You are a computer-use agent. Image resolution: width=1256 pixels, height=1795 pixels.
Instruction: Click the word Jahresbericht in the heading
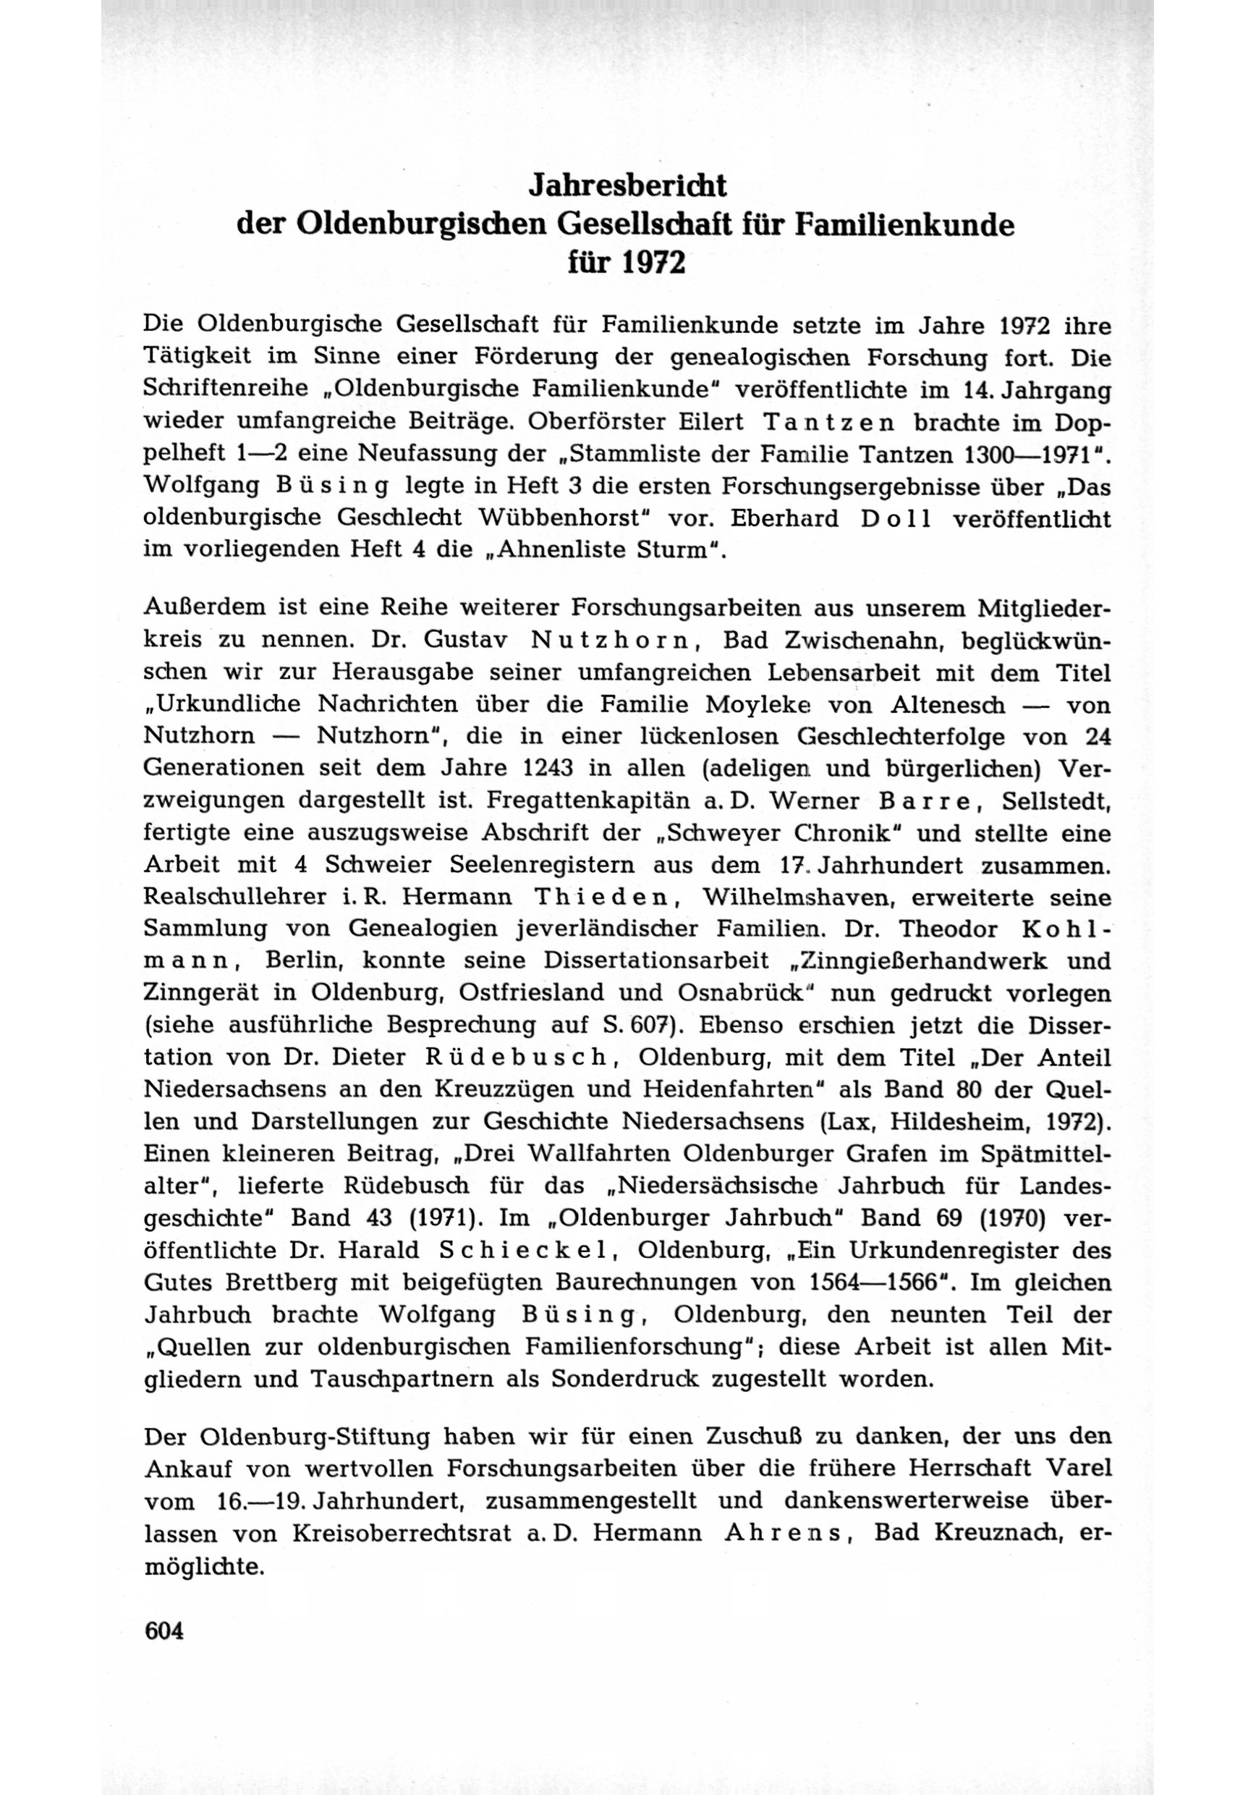click(x=627, y=186)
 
